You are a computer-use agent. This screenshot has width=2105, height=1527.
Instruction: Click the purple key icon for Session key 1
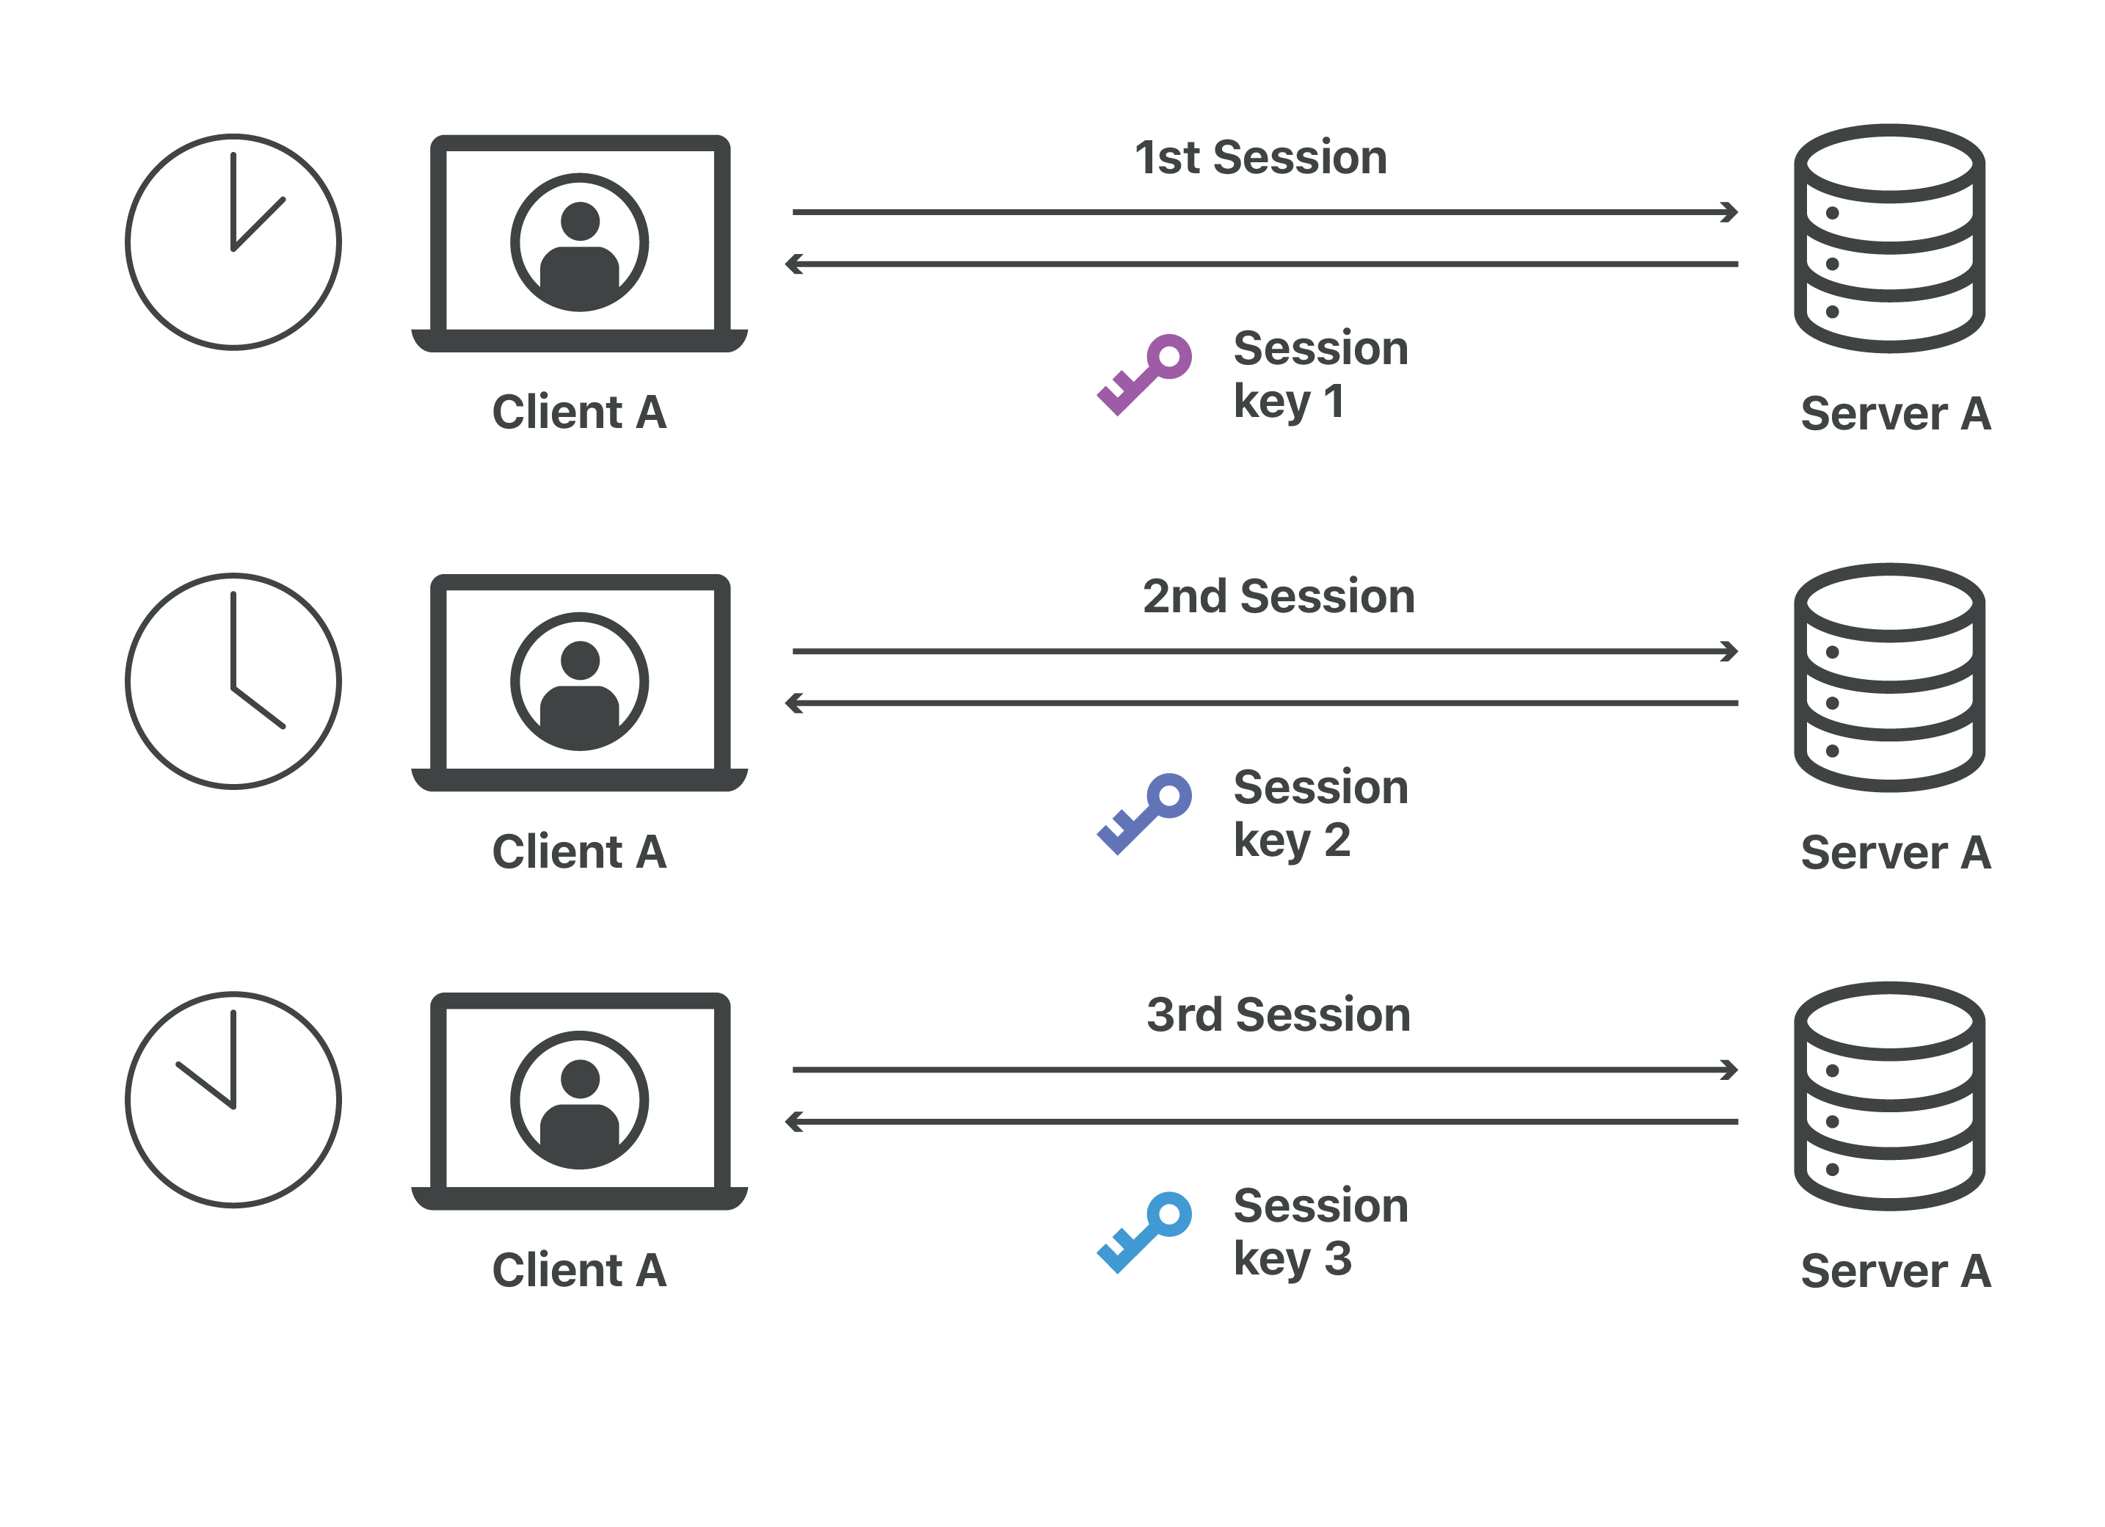point(1144,375)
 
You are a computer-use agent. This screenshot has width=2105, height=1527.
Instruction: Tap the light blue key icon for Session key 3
point(1144,1232)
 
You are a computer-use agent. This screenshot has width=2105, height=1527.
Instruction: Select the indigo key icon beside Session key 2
point(1144,814)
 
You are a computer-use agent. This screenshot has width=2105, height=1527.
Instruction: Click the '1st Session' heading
point(1260,158)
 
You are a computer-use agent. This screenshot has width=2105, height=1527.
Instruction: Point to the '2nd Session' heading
point(1278,596)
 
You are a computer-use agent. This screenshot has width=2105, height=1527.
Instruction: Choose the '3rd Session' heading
point(1278,1015)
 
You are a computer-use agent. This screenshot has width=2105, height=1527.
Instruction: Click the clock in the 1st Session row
point(233,242)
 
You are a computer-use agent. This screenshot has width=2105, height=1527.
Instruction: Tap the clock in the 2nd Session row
point(233,681)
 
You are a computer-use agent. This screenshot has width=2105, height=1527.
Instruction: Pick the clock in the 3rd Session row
point(233,1099)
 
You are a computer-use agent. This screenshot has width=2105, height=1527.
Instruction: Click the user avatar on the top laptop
point(580,242)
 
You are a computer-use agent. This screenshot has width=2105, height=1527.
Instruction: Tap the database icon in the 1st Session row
point(1890,239)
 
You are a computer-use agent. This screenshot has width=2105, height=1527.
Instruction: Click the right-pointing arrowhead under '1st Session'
point(1730,213)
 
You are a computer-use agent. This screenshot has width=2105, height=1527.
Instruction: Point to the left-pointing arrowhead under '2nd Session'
point(793,703)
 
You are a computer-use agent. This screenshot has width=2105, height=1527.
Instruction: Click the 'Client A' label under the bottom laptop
point(579,1270)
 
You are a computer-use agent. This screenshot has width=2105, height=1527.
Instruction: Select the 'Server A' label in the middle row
point(1895,853)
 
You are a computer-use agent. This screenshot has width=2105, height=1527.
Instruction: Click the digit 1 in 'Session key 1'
point(1334,402)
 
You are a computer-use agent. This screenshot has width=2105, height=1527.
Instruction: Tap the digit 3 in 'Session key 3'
point(1337,1259)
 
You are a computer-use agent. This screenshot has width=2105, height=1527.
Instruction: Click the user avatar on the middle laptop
point(580,681)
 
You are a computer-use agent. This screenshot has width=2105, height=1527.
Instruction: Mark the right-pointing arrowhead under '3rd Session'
point(1730,1070)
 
